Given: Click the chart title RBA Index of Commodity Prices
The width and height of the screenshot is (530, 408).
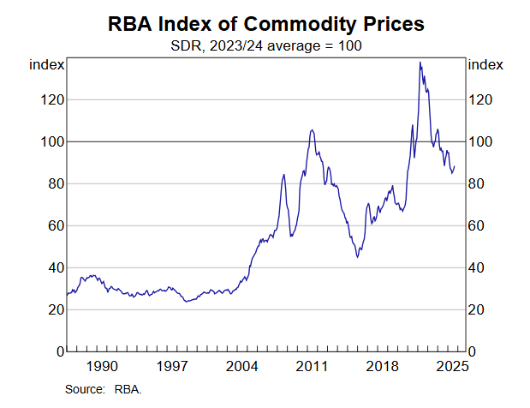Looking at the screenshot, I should click(x=265, y=24).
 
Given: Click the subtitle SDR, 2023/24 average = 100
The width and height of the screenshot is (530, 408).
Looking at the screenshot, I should click(x=265, y=45).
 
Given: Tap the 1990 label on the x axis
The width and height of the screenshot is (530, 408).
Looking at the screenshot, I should click(x=102, y=367).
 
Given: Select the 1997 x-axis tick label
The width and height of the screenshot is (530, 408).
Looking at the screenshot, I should click(x=172, y=367).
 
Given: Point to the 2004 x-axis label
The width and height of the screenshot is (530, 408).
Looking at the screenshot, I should click(x=242, y=367).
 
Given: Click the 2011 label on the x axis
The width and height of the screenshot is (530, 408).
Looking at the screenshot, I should click(x=313, y=367).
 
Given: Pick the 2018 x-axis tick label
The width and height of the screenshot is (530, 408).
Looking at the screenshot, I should click(x=383, y=367).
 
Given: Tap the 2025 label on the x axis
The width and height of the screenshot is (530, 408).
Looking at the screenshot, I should click(x=450, y=367).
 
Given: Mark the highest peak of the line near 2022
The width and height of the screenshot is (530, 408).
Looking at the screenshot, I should click(x=420, y=63).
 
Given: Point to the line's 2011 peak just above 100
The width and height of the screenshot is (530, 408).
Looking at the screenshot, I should click(x=312, y=130).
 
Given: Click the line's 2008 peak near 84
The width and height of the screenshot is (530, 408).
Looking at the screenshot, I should click(x=283, y=175).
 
